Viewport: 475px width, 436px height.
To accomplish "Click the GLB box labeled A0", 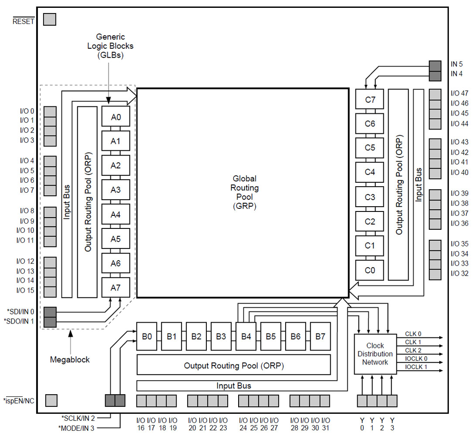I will [116, 117].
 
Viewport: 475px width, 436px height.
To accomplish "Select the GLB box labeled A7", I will [116, 288].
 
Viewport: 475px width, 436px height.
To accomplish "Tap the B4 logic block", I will [246, 336].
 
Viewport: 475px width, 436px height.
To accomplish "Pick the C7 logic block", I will [370, 99].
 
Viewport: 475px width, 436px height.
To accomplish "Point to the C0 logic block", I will [370, 270].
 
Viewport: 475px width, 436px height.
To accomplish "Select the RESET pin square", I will [50, 19].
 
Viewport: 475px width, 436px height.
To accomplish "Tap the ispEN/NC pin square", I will [51, 400].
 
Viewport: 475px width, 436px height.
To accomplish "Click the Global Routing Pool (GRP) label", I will [244, 192].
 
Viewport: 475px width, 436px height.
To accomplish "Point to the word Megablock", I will [70, 360].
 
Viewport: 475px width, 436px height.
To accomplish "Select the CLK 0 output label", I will [413, 334].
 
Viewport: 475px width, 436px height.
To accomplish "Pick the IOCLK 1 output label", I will [416, 367].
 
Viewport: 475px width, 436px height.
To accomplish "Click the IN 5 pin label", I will [457, 64].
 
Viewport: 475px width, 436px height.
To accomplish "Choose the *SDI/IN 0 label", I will [22, 311].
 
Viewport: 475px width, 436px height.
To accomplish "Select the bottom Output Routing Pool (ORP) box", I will [233, 365].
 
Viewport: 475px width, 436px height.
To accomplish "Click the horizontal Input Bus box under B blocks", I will [233, 386].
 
